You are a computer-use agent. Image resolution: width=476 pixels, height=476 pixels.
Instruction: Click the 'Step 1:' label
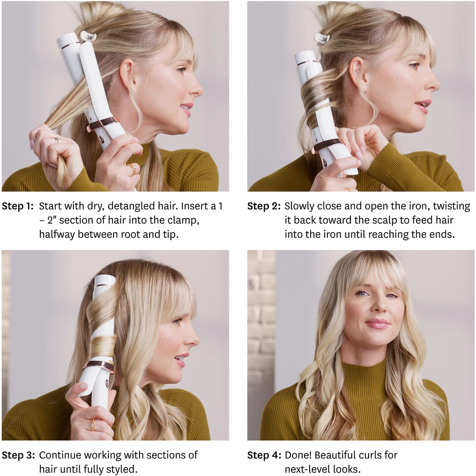coord(18,206)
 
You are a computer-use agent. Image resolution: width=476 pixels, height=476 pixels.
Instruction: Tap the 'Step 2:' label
coord(264,206)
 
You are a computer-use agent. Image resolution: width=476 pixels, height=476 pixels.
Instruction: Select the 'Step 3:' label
coord(18,455)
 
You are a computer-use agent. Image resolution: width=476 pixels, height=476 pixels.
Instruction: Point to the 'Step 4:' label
coord(264,455)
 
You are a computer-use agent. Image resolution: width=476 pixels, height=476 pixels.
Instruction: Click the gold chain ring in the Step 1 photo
coord(131,169)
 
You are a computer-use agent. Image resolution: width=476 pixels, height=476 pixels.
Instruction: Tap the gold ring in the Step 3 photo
coord(93,424)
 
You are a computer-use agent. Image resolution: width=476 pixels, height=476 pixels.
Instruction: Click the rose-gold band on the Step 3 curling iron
coord(100,366)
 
